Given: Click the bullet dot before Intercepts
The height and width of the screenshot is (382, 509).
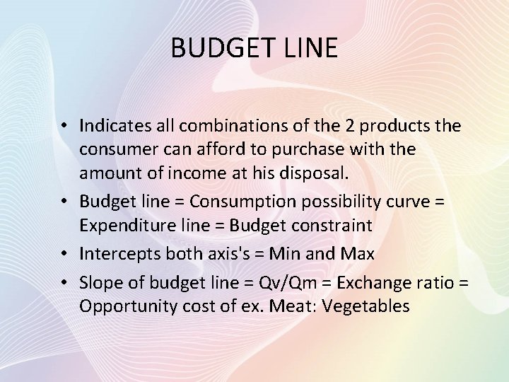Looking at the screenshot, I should pos(70,253).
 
